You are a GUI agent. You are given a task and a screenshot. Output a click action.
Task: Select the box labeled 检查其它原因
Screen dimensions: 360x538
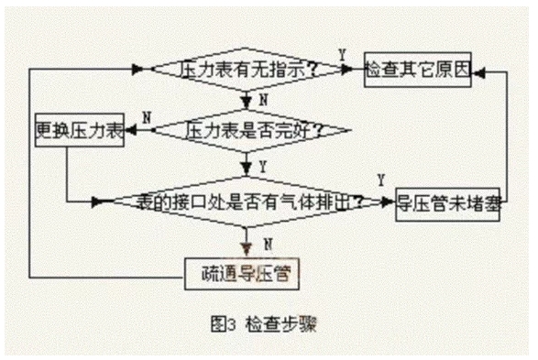pyautogui.click(x=417, y=69)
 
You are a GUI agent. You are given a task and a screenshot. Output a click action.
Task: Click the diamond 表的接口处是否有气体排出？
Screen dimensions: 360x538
pyautogui.click(x=247, y=200)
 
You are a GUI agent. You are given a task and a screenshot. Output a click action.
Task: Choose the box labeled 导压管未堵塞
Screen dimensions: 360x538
pyautogui.click(x=448, y=201)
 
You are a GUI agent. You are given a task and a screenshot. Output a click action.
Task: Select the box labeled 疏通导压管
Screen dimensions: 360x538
pyautogui.click(x=243, y=273)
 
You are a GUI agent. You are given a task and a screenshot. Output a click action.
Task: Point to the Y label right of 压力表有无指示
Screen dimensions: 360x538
pyautogui.click(x=342, y=55)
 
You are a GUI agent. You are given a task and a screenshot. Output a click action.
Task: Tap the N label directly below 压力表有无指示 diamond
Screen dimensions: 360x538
pyautogui.click(x=263, y=98)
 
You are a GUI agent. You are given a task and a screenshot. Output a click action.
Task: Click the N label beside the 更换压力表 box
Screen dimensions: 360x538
pyautogui.click(x=147, y=116)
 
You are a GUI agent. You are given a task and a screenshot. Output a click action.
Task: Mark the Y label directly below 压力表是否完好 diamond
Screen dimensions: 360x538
pyautogui.click(x=263, y=166)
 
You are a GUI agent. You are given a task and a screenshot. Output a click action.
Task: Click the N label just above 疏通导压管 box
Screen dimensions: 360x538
pyautogui.click(x=267, y=244)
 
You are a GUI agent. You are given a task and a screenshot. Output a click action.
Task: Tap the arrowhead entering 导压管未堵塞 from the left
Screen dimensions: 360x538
pyautogui.click(x=388, y=201)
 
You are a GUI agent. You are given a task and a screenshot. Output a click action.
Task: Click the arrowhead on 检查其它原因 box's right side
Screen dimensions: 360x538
pyautogui.click(x=478, y=69)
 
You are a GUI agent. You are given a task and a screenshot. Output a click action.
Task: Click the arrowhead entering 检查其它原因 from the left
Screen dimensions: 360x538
pyautogui.click(x=357, y=69)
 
